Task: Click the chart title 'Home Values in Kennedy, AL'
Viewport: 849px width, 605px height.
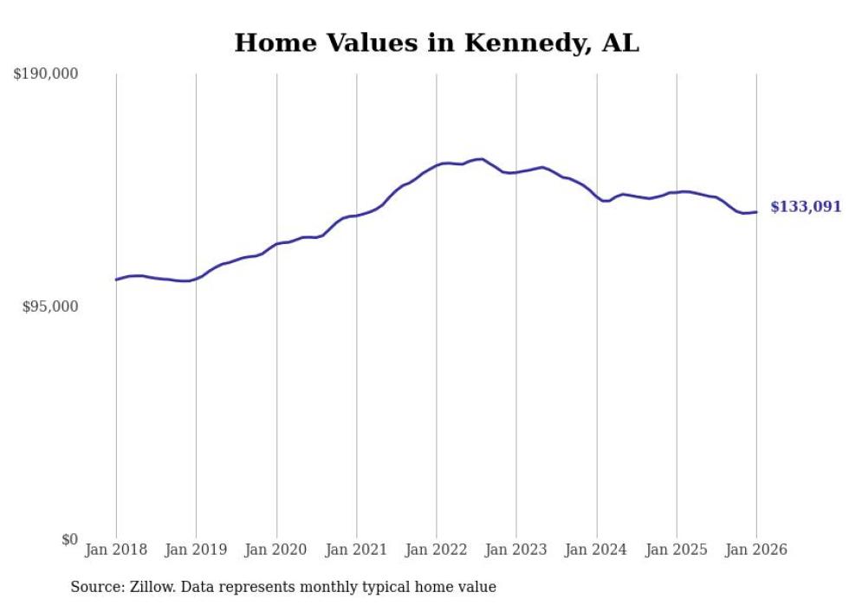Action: pos(437,42)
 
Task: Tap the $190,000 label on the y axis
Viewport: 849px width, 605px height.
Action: pos(45,74)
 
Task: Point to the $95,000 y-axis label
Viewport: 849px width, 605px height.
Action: pos(49,306)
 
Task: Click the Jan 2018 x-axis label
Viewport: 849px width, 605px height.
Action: pos(116,550)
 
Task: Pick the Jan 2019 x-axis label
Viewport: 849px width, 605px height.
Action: pos(196,550)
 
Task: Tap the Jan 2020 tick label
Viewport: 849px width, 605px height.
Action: pos(276,550)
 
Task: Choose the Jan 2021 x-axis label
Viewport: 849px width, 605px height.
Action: pos(356,550)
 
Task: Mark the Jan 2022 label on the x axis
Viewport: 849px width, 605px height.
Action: pos(437,550)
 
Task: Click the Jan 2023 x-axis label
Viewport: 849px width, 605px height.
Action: pos(516,550)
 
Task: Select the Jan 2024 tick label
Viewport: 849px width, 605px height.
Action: pos(597,550)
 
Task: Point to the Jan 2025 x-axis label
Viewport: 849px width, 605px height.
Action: pos(677,550)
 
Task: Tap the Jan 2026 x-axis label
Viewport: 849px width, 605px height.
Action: pos(756,550)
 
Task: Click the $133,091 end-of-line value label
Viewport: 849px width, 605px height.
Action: pos(805,207)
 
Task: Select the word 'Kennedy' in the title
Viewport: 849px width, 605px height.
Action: pos(527,42)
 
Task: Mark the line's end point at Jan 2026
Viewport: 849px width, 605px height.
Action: pos(756,212)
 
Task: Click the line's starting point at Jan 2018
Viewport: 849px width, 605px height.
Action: pos(116,280)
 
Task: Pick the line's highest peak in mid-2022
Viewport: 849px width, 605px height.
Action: pos(481,158)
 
